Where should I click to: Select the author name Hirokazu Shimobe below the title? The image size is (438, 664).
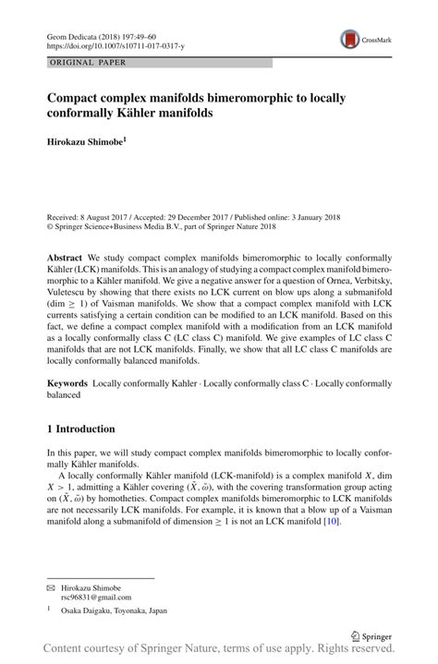click(x=85, y=140)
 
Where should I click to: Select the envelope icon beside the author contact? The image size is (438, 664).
click(x=51, y=587)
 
